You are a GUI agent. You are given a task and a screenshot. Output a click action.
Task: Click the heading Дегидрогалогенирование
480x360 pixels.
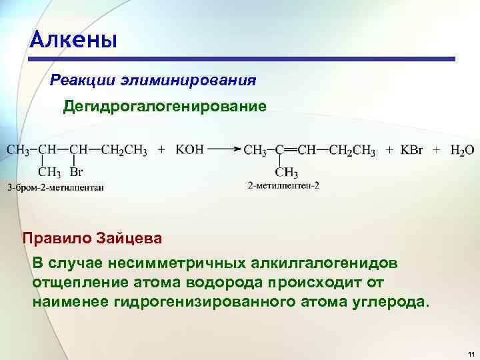165,107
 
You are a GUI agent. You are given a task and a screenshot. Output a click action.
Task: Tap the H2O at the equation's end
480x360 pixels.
461,151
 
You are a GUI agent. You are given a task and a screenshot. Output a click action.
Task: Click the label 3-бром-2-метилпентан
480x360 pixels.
55,187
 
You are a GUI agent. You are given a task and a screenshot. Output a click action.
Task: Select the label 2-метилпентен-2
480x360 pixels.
283,185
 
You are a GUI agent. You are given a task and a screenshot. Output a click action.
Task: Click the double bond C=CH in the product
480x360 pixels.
289,151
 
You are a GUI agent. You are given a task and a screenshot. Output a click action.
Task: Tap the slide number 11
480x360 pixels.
471,353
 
